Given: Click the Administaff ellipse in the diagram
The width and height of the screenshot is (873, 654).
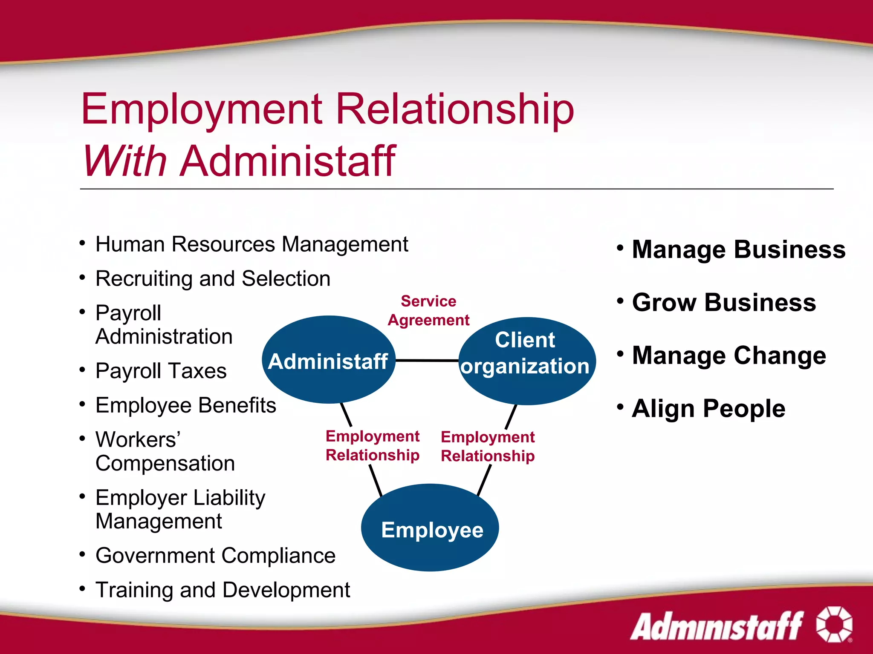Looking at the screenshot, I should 328,360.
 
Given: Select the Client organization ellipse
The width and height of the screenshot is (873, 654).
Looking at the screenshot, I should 526,361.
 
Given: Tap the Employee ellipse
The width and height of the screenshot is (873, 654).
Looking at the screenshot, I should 431,528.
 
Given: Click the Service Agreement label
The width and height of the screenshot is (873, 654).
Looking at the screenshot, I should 428,310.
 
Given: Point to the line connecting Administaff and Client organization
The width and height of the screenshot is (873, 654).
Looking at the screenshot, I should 427,361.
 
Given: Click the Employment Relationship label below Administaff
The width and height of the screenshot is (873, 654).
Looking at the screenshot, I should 373,445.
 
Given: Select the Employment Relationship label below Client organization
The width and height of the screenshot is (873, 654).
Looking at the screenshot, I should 488,446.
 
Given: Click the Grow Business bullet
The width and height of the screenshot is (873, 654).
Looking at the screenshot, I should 724,303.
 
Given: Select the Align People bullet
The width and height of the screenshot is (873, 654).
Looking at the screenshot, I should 708,409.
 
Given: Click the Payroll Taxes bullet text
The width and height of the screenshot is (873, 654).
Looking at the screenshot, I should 161,371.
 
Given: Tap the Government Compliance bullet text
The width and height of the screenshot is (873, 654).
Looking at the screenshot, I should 215,556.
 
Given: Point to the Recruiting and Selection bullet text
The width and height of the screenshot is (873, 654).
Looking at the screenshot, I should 213,279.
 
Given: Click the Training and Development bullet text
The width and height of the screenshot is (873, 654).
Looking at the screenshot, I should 223,590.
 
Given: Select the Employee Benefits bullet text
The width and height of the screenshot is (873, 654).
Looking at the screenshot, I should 186,405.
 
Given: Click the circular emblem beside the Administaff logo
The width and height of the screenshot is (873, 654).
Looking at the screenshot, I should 834,624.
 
